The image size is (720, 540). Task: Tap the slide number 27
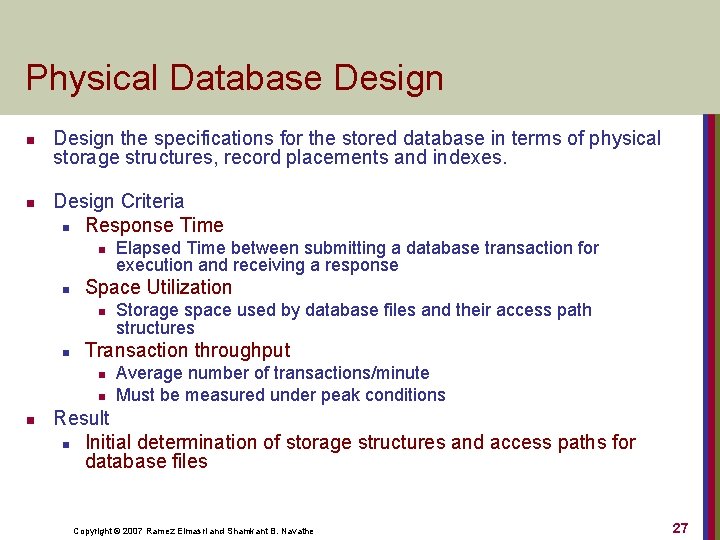click(680, 528)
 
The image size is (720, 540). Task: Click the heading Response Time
click(154, 225)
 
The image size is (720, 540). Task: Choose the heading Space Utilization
click(158, 287)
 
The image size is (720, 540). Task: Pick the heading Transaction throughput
click(187, 350)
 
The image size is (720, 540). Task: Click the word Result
click(81, 417)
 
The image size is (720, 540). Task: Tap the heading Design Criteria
click(118, 201)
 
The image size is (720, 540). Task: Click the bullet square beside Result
click(32, 419)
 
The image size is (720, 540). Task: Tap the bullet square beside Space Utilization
click(63, 290)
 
